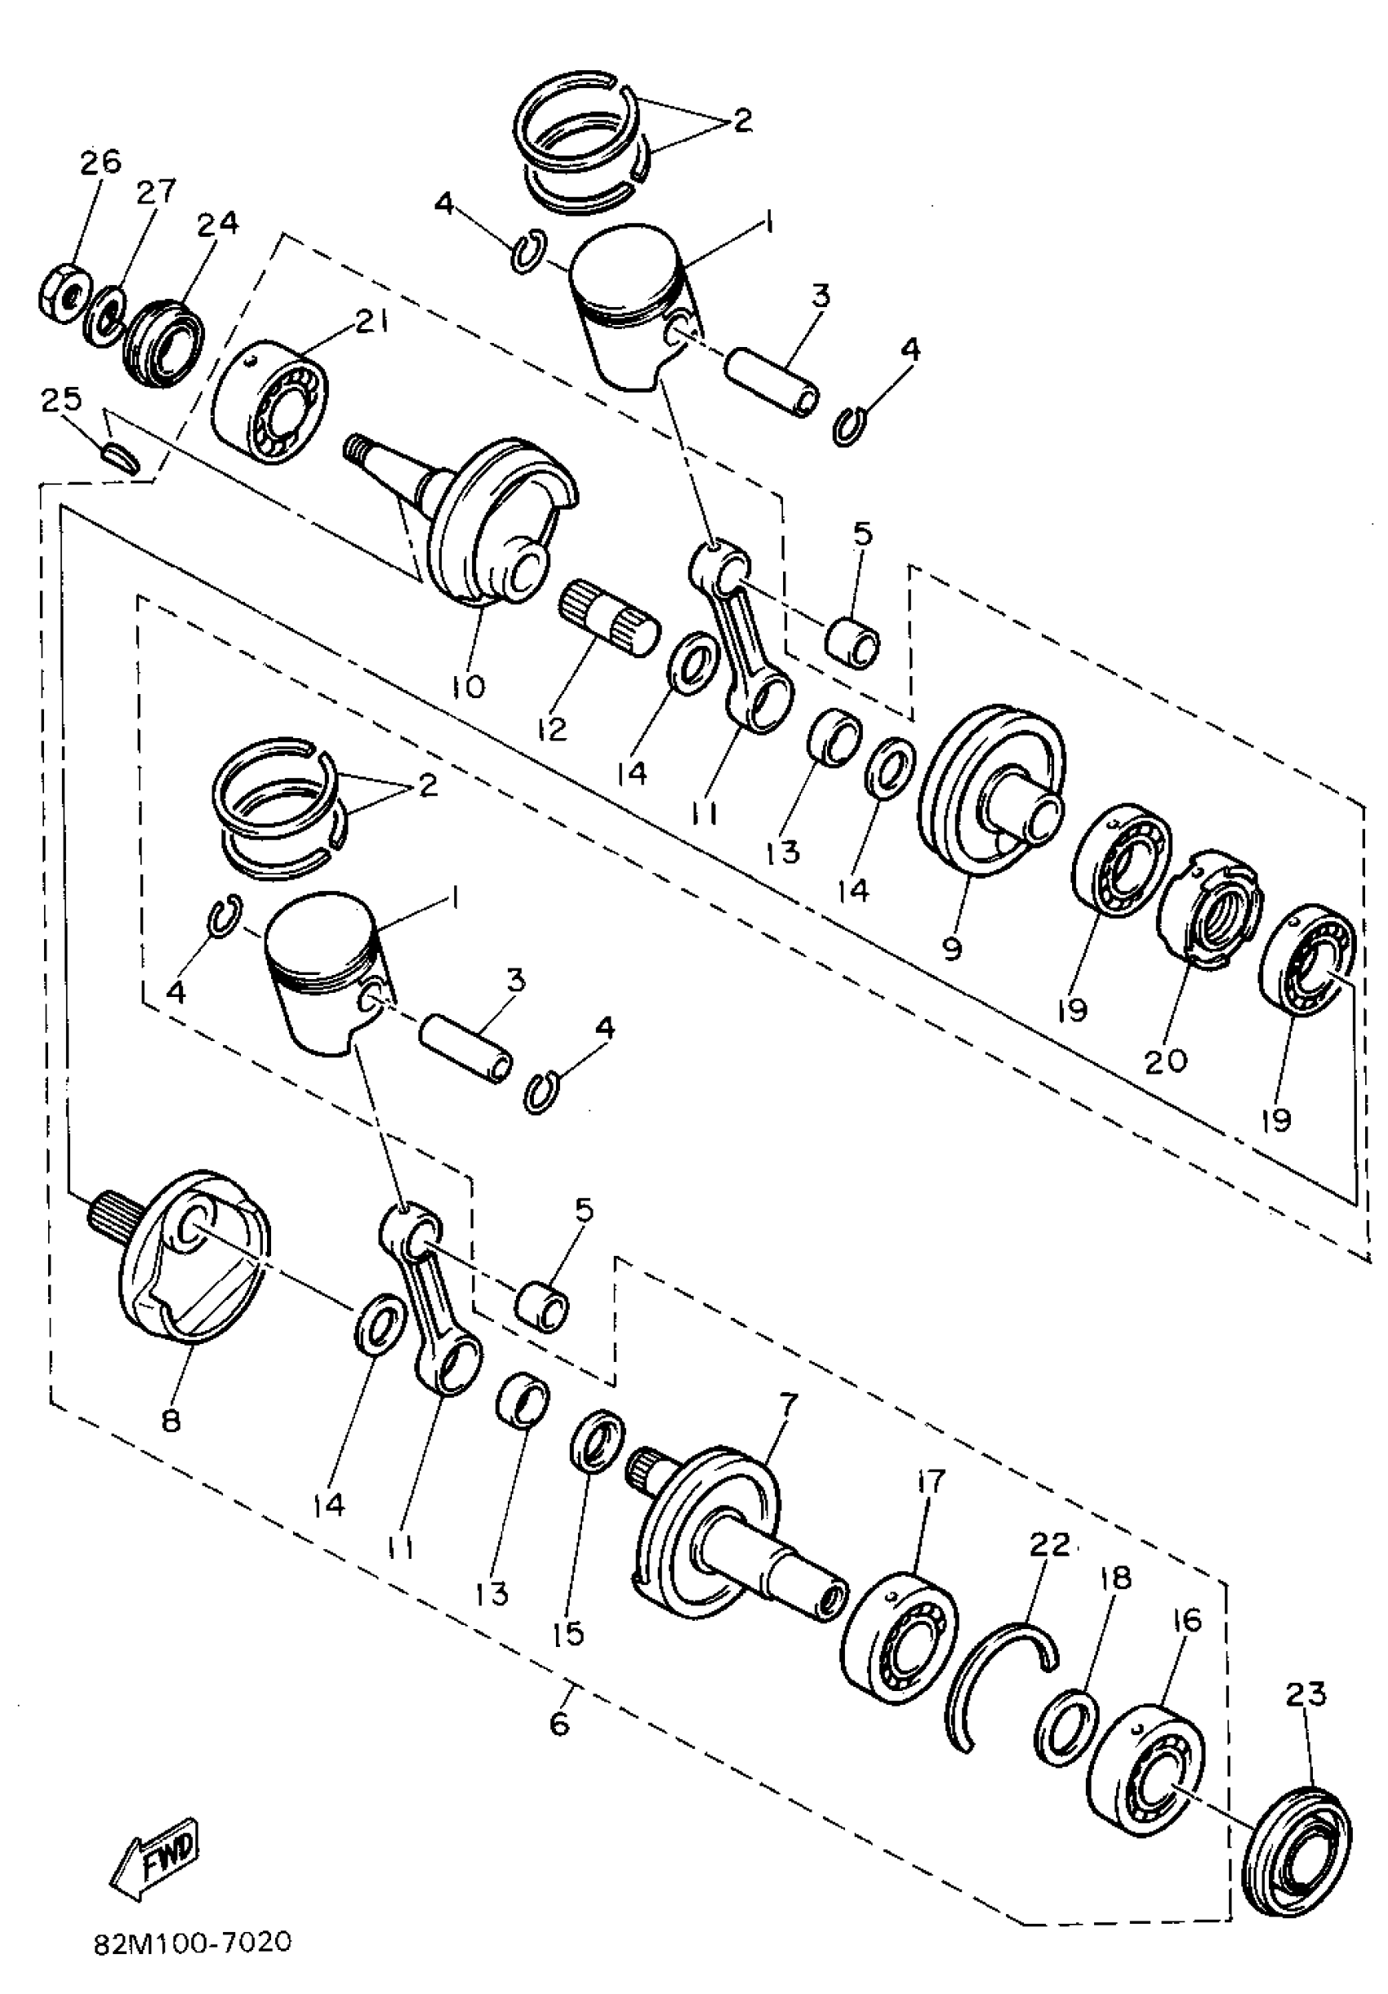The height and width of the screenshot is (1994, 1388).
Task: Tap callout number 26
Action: (x=101, y=162)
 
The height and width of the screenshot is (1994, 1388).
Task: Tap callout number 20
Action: (x=1166, y=1061)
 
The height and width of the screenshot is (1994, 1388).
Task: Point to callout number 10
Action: (x=469, y=686)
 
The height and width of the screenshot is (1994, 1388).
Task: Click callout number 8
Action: (x=171, y=1421)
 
